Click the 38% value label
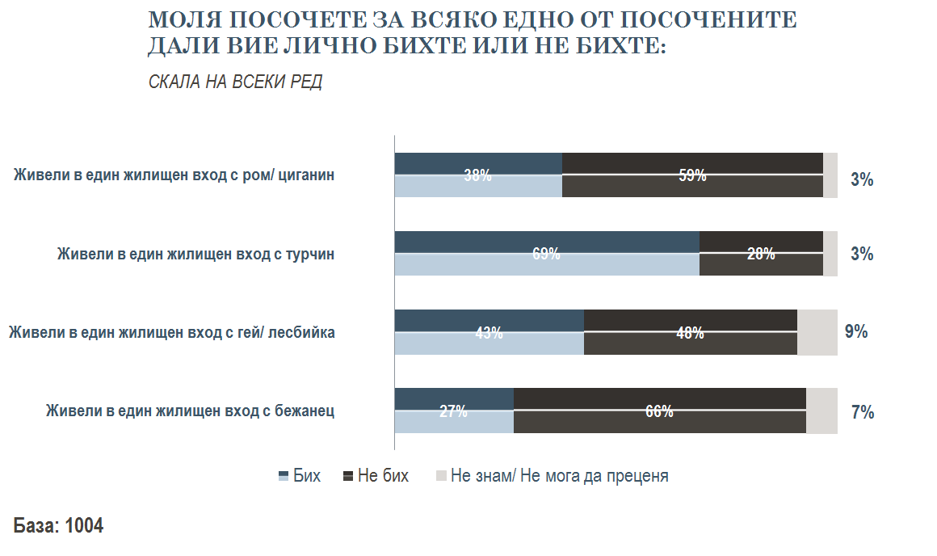(477, 175)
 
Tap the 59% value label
(692, 175)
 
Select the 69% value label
(546, 254)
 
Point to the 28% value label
(761, 254)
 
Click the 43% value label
(489, 332)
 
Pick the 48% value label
(690, 332)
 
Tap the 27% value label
(453, 411)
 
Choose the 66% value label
(659, 411)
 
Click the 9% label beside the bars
(856, 331)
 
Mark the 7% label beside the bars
(863, 412)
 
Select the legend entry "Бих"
(300, 476)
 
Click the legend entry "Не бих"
(376, 476)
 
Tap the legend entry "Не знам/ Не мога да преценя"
(552, 476)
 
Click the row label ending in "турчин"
(195, 254)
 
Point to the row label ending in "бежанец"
(191, 411)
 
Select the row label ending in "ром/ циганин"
(174, 175)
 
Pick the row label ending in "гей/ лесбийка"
(171, 332)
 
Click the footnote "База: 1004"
(58, 525)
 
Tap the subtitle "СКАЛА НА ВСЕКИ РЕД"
(235, 82)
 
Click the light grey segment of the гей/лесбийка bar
(817, 332)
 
